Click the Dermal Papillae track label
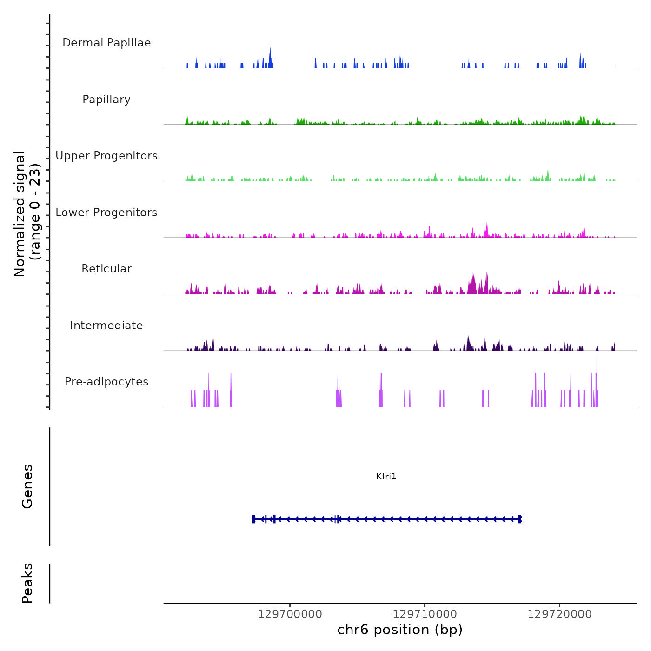[x=106, y=43]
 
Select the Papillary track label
[x=106, y=100]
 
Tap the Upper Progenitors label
[x=106, y=156]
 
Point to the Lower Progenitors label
[x=106, y=213]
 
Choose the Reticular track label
[x=106, y=269]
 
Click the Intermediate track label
[x=106, y=325]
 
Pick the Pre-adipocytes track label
[x=106, y=382]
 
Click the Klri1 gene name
[x=386, y=476]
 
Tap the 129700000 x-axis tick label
[x=290, y=614]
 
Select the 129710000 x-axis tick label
[x=425, y=614]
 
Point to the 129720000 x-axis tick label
[x=559, y=614]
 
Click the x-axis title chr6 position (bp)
[x=400, y=630]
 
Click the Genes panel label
[x=27, y=486]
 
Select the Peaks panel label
[x=27, y=583]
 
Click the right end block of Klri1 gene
[x=519, y=519]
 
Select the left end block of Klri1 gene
[x=254, y=519]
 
